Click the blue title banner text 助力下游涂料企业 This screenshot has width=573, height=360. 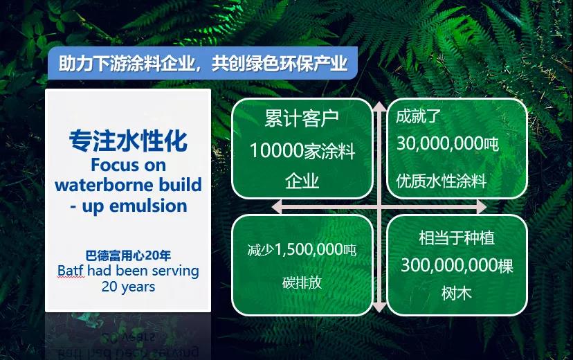pos(127,63)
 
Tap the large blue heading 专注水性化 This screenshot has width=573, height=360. pos(128,141)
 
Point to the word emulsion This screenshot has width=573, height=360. pos(148,206)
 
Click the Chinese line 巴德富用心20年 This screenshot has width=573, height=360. pos(128,255)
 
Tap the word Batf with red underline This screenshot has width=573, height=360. pos(71,271)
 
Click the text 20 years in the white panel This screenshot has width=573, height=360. pos(128,287)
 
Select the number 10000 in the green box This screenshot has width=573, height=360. pos(277,151)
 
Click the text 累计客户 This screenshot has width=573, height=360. pos(302,118)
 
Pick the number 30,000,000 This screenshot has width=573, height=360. pos(440,143)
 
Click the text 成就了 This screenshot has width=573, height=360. pos(419,116)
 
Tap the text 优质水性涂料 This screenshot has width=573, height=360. pos(442,181)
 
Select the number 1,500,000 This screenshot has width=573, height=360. pos(309,250)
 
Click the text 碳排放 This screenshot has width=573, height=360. pos(302,282)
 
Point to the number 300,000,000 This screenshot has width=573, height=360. pos(449,265)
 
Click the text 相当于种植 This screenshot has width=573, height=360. pos(457,238)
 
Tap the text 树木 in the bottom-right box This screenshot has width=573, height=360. pos(457,293)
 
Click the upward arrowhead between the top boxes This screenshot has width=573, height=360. pos(379,107)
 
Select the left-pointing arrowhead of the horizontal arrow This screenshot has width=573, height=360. pos(277,207)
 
